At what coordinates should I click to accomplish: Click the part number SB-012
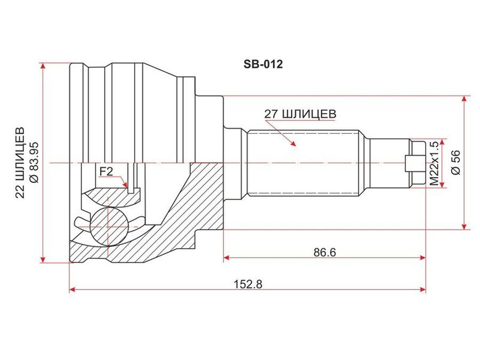[263, 65]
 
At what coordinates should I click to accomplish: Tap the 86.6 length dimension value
[324, 252]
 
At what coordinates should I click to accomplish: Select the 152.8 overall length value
[248, 284]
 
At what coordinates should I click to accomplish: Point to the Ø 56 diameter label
[456, 162]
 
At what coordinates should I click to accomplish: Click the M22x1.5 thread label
[434, 164]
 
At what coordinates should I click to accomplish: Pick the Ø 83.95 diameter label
[34, 162]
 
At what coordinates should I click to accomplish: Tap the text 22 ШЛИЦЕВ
[20, 163]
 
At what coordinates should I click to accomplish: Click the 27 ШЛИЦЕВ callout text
[300, 114]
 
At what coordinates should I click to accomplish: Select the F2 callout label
[106, 171]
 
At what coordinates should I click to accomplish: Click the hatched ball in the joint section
[109, 227]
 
